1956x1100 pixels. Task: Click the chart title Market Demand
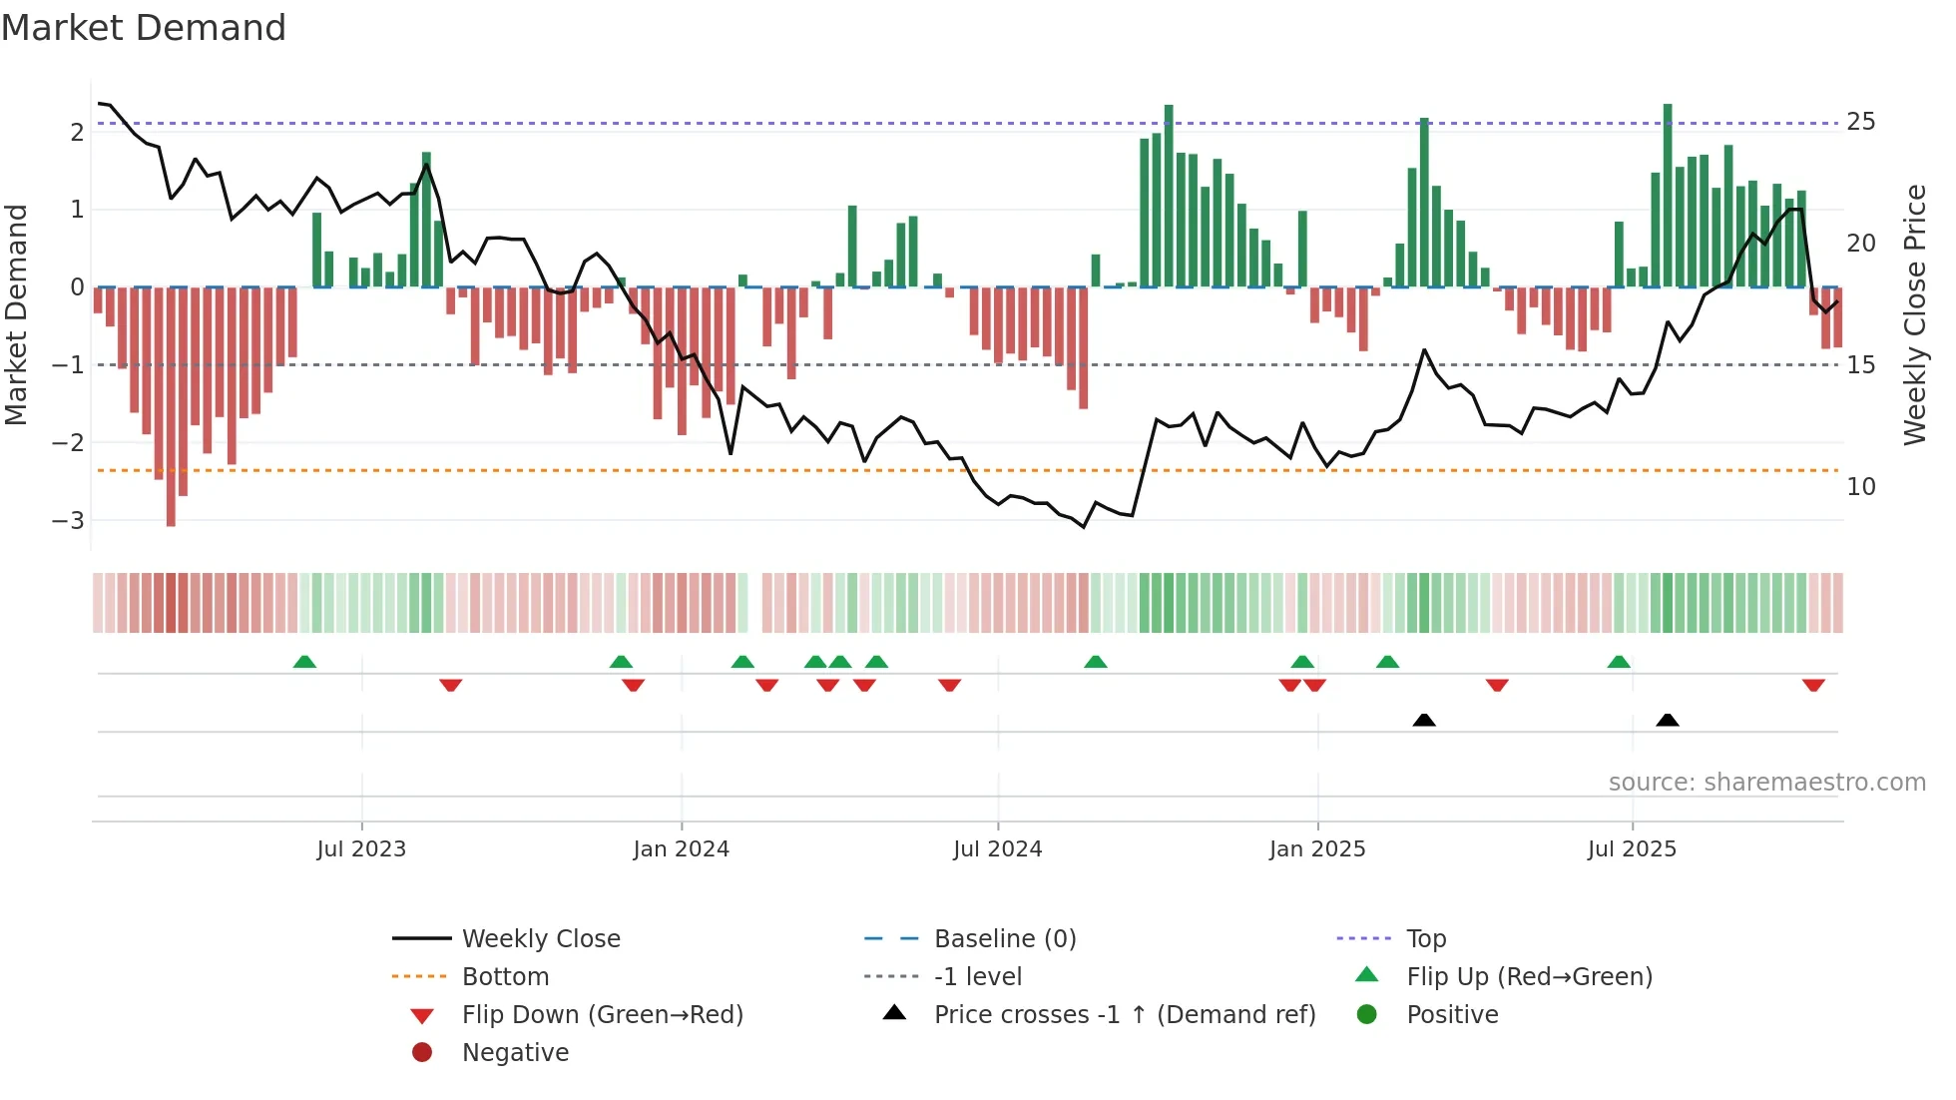pyautogui.click(x=144, y=28)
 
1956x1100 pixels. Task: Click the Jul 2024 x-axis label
pyautogui.click(x=997, y=849)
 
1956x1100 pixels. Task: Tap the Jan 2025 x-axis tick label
pyautogui.click(x=1316, y=849)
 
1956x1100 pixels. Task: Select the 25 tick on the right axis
pyautogui.click(x=1860, y=122)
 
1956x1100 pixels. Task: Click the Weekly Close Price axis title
pyautogui.click(x=1914, y=314)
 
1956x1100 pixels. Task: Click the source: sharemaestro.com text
pyautogui.click(x=1766, y=783)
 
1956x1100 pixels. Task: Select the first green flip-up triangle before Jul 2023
pyautogui.click(x=304, y=662)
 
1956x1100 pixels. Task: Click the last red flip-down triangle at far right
pyautogui.click(x=1813, y=685)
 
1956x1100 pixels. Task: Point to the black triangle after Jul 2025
pyautogui.click(x=1667, y=720)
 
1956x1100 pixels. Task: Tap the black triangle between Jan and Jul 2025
pyautogui.click(x=1424, y=720)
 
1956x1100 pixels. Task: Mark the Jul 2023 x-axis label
pyautogui.click(x=361, y=849)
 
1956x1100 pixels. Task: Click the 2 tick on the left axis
pyautogui.click(x=77, y=132)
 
